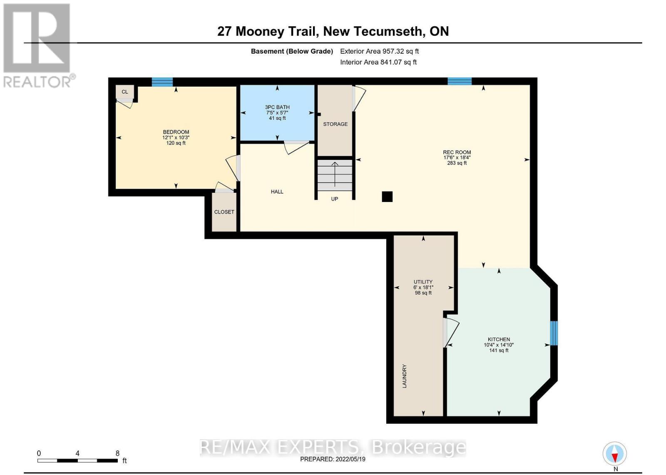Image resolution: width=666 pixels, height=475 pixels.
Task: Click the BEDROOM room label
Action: pyautogui.click(x=176, y=132)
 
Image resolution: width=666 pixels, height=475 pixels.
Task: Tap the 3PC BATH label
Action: pyautogui.click(x=277, y=107)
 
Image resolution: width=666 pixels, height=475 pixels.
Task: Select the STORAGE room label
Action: pyautogui.click(x=335, y=124)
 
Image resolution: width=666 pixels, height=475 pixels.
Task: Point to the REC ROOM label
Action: pyautogui.click(x=457, y=152)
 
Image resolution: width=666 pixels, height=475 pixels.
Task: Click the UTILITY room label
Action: pyautogui.click(x=423, y=282)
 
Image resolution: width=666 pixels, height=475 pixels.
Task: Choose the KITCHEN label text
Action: pyautogui.click(x=499, y=339)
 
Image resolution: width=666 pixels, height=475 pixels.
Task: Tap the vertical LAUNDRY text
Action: pyautogui.click(x=404, y=376)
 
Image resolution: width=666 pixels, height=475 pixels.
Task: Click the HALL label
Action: pyautogui.click(x=277, y=191)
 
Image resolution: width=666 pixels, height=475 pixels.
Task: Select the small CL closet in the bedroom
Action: pyautogui.click(x=125, y=92)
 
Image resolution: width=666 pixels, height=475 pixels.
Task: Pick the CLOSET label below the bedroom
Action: pyautogui.click(x=224, y=212)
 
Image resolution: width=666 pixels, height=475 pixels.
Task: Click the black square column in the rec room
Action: pyautogui.click(x=387, y=196)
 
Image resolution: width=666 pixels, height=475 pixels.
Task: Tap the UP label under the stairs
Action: pyautogui.click(x=335, y=199)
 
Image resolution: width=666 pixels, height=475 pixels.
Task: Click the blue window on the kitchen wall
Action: pyautogui.click(x=554, y=333)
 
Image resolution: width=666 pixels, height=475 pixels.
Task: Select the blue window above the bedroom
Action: pyautogui.click(x=162, y=82)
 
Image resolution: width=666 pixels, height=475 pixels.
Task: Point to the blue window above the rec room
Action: pyautogui.click(x=460, y=81)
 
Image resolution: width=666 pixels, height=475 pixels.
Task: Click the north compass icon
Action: pyautogui.click(x=615, y=454)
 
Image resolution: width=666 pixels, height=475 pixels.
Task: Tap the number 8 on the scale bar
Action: pyautogui.click(x=117, y=453)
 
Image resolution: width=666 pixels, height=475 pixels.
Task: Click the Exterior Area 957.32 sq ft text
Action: pyautogui.click(x=379, y=51)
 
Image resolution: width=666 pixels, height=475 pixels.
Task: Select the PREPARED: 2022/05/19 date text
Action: pyautogui.click(x=333, y=459)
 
